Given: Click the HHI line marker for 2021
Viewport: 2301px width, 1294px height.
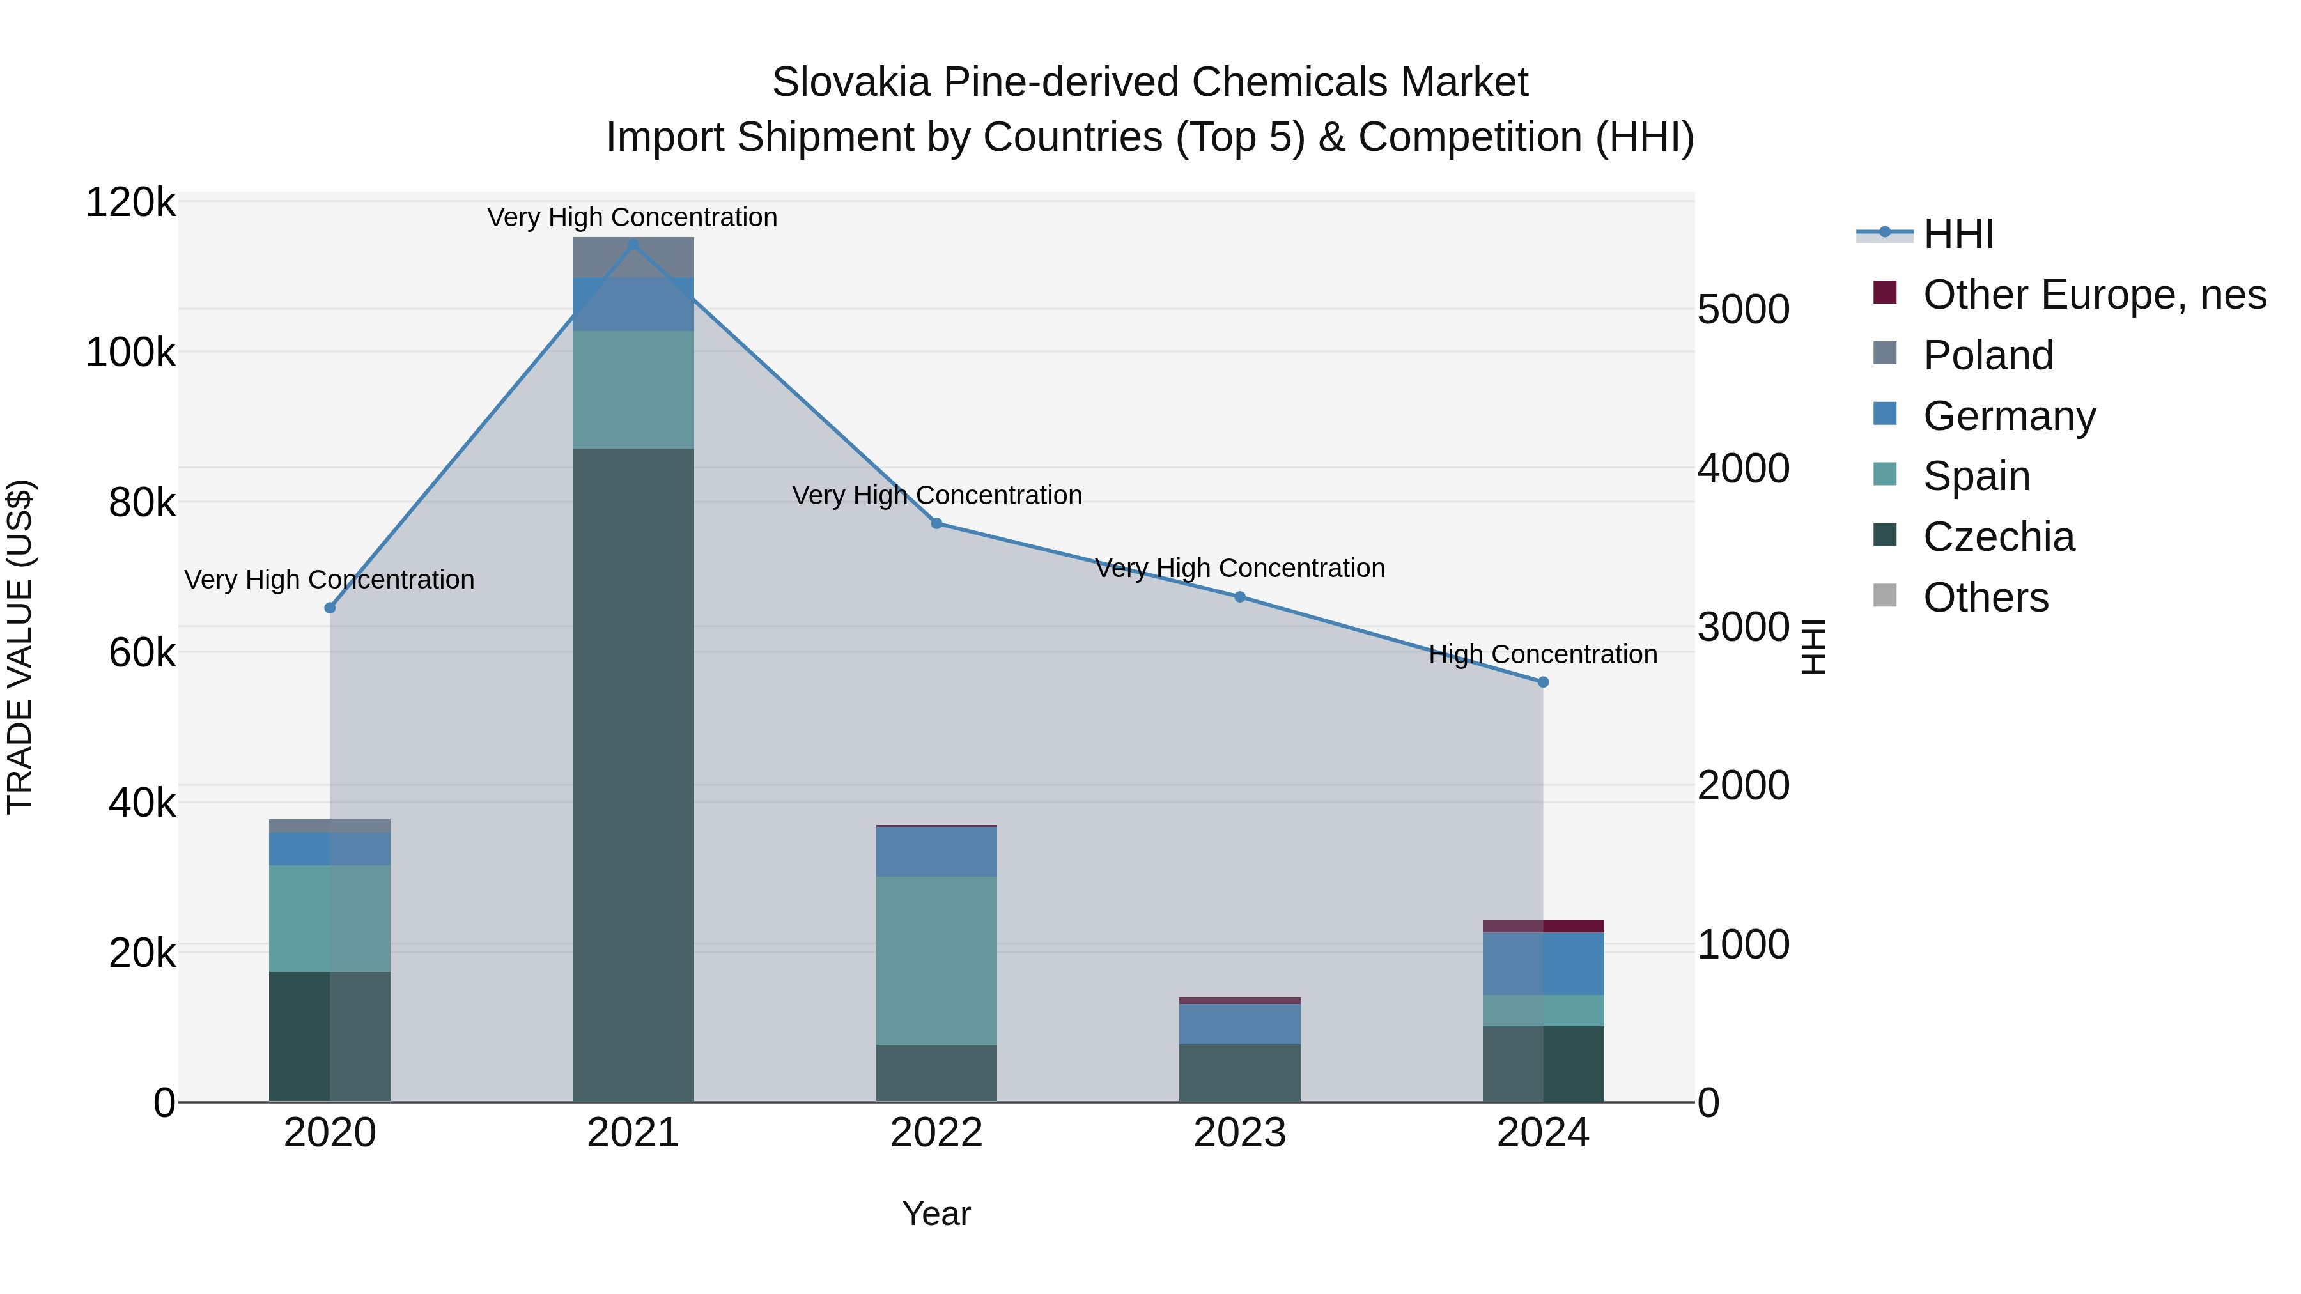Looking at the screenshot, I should click(x=633, y=245).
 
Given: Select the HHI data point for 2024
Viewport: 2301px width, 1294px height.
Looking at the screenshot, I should click(x=1543, y=682).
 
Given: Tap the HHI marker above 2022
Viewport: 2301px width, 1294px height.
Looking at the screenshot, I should click(x=936, y=523).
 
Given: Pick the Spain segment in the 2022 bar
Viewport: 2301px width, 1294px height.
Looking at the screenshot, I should click(x=936, y=960).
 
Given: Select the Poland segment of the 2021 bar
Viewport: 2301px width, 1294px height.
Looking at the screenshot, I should click(x=633, y=257).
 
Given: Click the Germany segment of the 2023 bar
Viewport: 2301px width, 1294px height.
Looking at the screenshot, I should click(x=1240, y=1024).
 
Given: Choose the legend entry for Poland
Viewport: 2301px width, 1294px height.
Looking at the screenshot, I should click(x=1987, y=355).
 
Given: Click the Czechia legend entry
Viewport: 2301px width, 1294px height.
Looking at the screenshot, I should click(x=1997, y=537).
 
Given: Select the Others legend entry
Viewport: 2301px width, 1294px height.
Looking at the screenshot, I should click(x=1985, y=597).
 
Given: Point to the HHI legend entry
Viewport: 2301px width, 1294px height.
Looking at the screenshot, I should click(x=1957, y=234).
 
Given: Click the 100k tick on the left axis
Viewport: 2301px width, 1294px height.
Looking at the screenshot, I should click(x=130, y=353).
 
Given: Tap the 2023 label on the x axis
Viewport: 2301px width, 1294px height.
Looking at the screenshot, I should click(x=1240, y=1133).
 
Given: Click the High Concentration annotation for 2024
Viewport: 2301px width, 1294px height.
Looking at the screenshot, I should click(x=1543, y=654).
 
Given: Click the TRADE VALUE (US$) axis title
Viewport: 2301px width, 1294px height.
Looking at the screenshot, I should click(x=20, y=647).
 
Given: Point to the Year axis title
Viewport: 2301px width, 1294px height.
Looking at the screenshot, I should click(x=936, y=1213).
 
